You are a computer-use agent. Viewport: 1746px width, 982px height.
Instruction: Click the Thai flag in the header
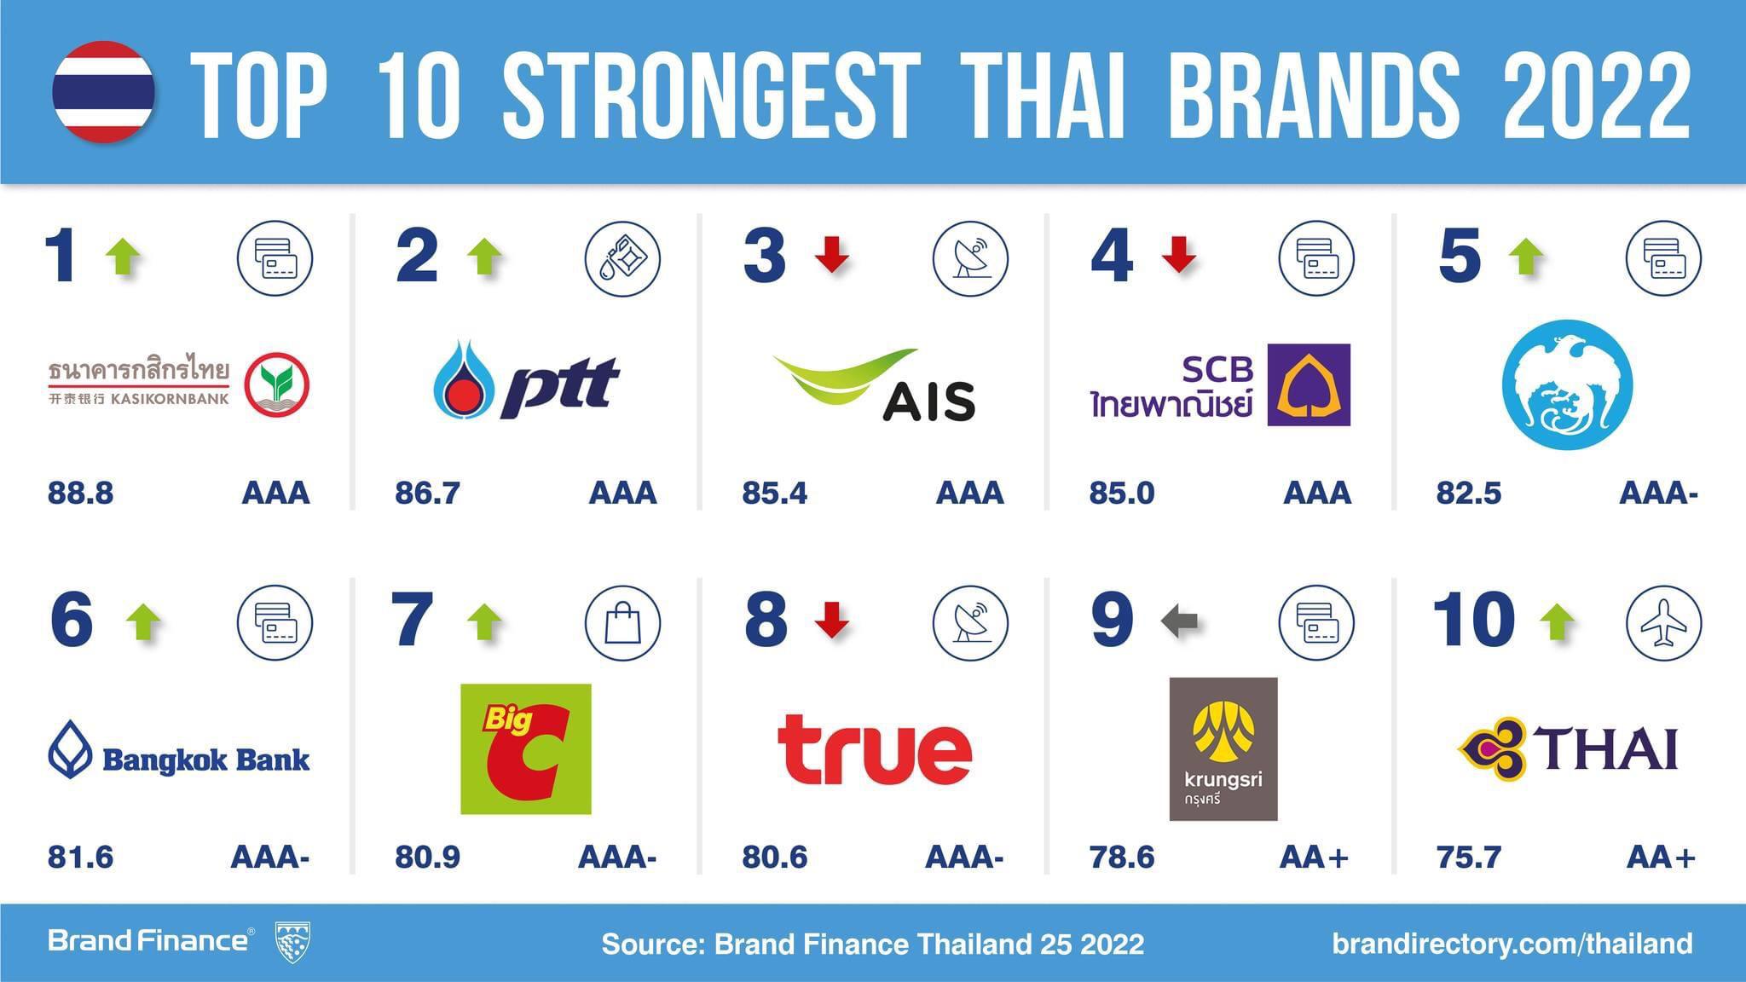pyautogui.click(x=103, y=91)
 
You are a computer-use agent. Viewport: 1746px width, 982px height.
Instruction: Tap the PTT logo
pyautogui.click(x=525, y=381)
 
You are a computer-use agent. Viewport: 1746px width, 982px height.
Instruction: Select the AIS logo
pyautogui.click(x=875, y=385)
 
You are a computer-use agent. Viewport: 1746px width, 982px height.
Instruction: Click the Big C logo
pyautogui.click(x=525, y=748)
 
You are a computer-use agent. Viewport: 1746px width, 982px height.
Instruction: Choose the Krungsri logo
pyautogui.click(x=1223, y=748)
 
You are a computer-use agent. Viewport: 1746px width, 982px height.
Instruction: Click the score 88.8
pyautogui.click(x=80, y=493)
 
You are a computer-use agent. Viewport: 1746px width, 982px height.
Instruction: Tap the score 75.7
pyautogui.click(x=1468, y=857)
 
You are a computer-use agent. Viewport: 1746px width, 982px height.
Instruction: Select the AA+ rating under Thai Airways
pyautogui.click(x=1660, y=857)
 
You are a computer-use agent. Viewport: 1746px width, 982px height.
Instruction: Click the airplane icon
pyautogui.click(x=1663, y=623)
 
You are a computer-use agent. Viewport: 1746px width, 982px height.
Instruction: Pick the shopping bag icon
pyautogui.click(x=622, y=623)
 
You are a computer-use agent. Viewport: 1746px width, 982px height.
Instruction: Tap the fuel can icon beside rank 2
pyautogui.click(x=622, y=258)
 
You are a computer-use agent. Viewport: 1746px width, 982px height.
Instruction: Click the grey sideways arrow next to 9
pyautogui.click(x=1180, y=621)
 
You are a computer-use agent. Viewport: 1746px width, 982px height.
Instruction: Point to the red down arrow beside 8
pyautogui.click(x=831, y=620)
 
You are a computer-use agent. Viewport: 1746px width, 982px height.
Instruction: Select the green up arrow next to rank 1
pyautogui.click(x=123, y=257)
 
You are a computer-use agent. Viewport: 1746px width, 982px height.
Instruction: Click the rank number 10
pyautogui.click(x=1472, y=620)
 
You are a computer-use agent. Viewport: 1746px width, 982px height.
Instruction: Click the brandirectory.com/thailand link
pyautogui.click(x=1512, y=944)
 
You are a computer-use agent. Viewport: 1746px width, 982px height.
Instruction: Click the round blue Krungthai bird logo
pyautogui.click(x=1567, y=385)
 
